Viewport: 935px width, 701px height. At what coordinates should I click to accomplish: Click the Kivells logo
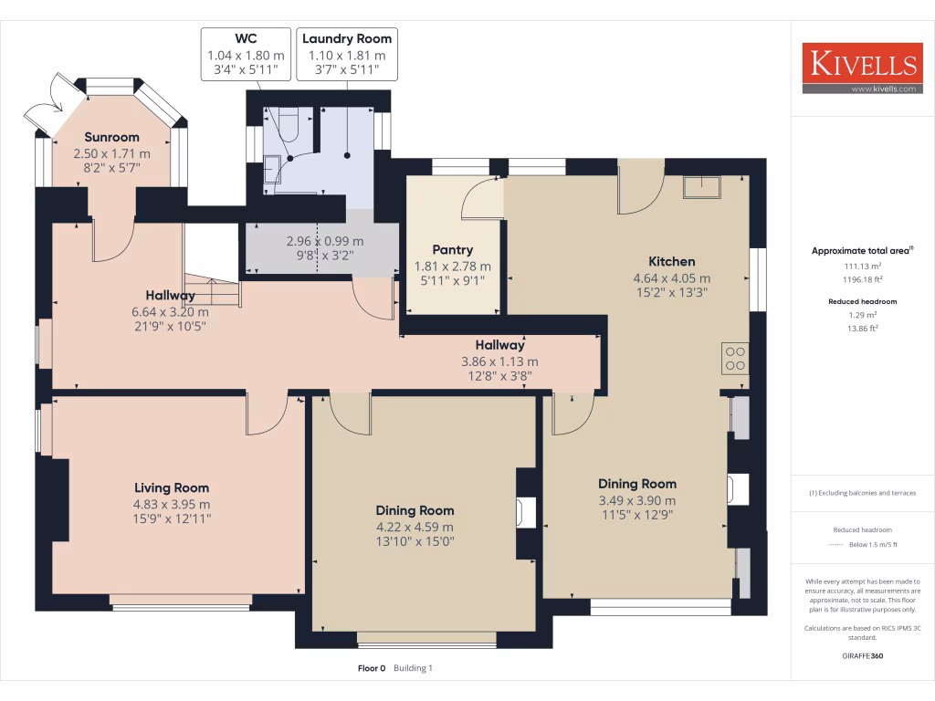coord(862,68)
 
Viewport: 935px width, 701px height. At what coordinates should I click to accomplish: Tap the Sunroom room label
coord(112,137)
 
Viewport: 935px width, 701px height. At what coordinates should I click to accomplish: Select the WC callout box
coord(246,54)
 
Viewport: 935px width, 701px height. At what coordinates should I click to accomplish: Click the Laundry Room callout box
coord(347,54)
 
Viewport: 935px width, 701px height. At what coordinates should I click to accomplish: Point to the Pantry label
coord(453,250)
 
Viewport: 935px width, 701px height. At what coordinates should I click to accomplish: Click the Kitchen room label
coord(672,261)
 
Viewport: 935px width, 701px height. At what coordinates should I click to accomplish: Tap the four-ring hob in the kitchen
coord(735,358)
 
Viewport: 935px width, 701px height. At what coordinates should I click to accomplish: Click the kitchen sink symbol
coord(702,187)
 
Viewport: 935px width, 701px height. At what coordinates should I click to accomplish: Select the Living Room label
coord(172,488)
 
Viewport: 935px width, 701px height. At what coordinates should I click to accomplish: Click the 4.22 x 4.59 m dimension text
coord(415,527)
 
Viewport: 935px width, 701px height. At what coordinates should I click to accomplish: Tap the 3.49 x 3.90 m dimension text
coord(637,501)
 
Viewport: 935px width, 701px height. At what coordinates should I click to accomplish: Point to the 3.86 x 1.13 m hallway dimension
coord(499,361)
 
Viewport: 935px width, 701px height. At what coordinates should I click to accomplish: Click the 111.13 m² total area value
coord(862,266)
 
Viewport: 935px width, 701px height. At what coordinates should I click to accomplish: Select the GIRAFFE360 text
coord(862,655)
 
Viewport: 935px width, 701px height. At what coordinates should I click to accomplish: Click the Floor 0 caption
coord(372,668)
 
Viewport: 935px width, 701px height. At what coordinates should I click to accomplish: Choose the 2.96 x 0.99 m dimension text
coord(325,241)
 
